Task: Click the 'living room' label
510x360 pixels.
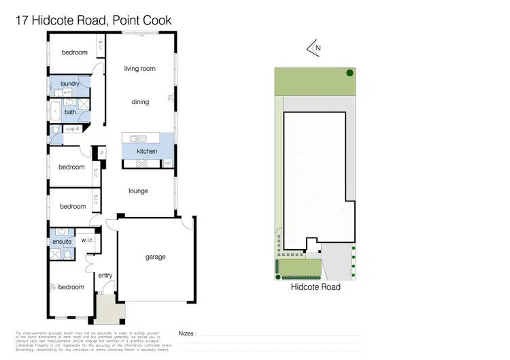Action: pos(139,69)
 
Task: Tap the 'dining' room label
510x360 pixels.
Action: pos(140,102)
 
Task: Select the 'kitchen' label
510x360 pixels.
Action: pos(147,151)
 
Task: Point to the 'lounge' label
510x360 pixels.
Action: pos(138,191)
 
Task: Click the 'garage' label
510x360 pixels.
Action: pos(155,257)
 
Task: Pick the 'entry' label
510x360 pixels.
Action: pos(105,275)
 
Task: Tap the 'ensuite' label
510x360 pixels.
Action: pos(62,242)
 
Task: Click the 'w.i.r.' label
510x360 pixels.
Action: pos(87,240)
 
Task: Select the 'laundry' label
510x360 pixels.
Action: pos(70,84)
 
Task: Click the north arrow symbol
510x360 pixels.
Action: pos(313,48)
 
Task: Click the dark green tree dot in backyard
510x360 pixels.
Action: pos(350,73)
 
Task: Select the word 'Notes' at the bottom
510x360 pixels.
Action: pos(187,333)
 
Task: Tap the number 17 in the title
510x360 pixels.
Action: pos(22,21)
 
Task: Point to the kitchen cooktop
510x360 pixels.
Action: pos(143,163)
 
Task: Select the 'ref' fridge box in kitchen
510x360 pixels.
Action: pos(167,163)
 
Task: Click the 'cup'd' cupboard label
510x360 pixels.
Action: pos(73,128)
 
